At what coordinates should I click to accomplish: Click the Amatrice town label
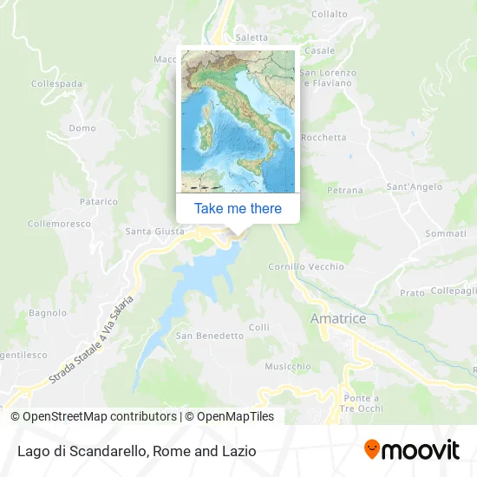click(x=338, y=319)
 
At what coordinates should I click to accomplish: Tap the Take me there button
click(x=238, y=208)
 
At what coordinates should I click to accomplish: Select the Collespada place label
click(x=56, y=83)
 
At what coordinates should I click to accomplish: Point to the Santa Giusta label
click(x=155, y=232)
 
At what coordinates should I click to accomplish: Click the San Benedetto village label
click(x=209, y=336)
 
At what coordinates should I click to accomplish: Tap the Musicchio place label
click(x=287, y=366)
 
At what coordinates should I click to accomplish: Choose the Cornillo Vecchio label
click(x=306, y=266)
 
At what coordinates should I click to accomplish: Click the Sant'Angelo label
click(x=414, y=186)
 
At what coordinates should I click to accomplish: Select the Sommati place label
click(x=446, y=234)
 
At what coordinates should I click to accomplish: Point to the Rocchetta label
click(x=324, y=137)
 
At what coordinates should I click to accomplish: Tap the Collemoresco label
click(x=58, y=223)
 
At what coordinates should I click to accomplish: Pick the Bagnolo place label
click(x=48, y=312)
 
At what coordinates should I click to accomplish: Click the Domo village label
click(x=82, y=128)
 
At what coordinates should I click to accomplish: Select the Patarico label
click(x=98, y=201)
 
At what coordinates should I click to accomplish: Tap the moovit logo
click(x=411, y=449)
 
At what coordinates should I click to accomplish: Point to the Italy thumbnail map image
click(x=238, y=121)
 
